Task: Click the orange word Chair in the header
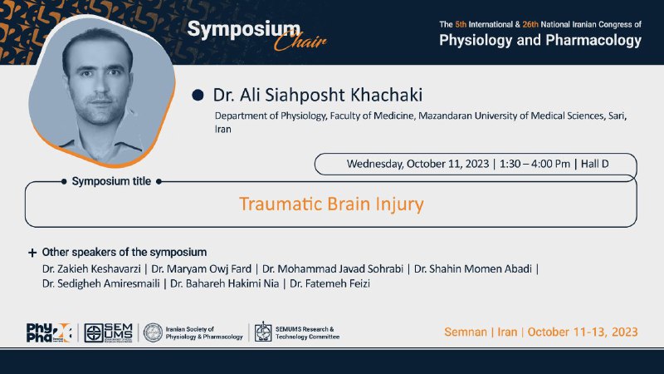click(300, 41)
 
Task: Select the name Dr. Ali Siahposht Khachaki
click(318, 95)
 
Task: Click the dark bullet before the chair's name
click(198, 95)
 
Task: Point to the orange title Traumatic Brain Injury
click(331, 204)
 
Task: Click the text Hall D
click(594, 164)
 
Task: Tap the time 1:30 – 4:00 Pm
click(535, 164)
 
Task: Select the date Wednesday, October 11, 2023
click(417, 164)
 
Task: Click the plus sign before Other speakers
click(32, 253)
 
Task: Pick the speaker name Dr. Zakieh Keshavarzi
click(91, 268)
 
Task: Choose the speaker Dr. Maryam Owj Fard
click(201, 268)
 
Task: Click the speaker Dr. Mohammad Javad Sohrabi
click(333, 268)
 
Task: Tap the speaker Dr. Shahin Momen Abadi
click(472, 268)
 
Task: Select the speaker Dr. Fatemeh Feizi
click(330, 283)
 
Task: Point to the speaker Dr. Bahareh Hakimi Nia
click(224, 283)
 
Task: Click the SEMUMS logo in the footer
click(109, 333)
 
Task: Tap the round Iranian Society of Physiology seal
click(153, 333)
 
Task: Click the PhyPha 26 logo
click(49, 333)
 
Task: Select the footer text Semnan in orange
click(466, 332)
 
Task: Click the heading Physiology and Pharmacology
click(540, 40)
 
